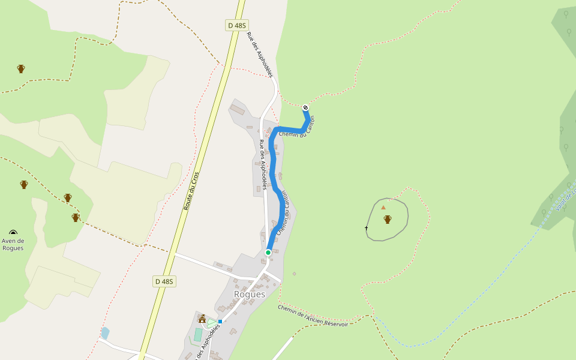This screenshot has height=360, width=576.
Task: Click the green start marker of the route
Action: pyautogui.click(x=268, y=253)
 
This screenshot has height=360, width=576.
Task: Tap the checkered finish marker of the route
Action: pyautogui.click(x=305, y=107)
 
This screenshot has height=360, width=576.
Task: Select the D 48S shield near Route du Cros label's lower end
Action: pyautogui.click(x=164, y=281)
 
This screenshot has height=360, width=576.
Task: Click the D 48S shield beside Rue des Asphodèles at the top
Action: pyautogui.click(x=236, y=25)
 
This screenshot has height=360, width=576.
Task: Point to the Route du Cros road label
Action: pyautogui.click(x=191, y=190)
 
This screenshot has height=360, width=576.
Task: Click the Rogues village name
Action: pyautogui.click(x=250, y=295)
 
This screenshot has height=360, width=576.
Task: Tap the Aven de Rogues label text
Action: pyautogui.click(x=13, y=244)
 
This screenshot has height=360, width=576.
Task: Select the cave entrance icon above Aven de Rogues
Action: pyautogui.click(x=13, y=232)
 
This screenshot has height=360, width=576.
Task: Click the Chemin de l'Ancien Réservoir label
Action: pyautogui.click(x=313, y=316)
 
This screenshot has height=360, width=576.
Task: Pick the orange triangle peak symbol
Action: pyautogui.click(x=383, y=208)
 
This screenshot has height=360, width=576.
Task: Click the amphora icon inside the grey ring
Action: pyautogui.click(x=388, y=220)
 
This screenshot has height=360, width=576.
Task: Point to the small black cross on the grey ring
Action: pyautogui.click(x=366, y=228)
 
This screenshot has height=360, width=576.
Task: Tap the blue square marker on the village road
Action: pyautogui.click(x=220, y=322)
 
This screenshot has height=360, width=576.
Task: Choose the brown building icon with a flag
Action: pyautogui.click(x=202, y=319)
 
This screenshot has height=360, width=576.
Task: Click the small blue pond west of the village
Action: pyautogui.click(x=106, y=332)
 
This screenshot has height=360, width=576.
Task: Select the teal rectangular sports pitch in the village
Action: pyautogui.click(x=198, y=334)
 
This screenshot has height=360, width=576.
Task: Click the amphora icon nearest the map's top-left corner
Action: pyautogui.click(x=21, y=68)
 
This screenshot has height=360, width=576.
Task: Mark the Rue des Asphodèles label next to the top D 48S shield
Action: pyautogui.click(x=260, y=55)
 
